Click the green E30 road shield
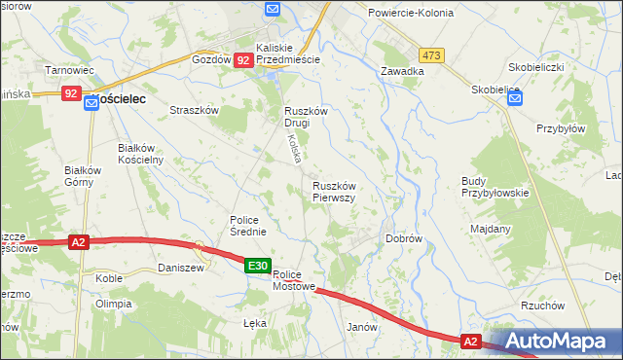pos(257,266)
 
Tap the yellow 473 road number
pos(432,55)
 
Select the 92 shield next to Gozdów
pos(243,60)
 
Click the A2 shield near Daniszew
pos(80,243)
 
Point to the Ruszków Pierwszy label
pos(334,191)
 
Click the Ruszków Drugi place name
pos(305,117)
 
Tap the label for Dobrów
pos(403,237)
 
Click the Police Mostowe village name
pos(295,280)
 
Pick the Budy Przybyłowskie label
pos(495,187)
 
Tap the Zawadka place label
pos(402,71)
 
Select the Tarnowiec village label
pos(69,70)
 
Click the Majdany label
pos(491,229)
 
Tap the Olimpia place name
pos(113,304)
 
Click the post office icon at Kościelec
pos(91,99)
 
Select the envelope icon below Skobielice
pos(514,97)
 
